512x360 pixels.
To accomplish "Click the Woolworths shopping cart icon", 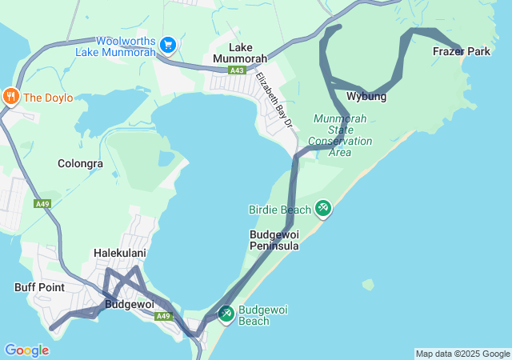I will click(x=168, y=44).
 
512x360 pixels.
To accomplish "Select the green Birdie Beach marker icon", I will click(x=323, y=209).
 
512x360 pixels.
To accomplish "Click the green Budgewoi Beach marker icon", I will click(x=226, y=314).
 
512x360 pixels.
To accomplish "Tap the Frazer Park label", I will click(x=462, y=52).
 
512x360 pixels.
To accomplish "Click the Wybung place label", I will click(x=366, y=97).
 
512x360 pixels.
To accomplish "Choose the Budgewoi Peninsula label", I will click(x=274, y=240).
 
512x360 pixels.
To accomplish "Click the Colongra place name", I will click(x=80, y=164).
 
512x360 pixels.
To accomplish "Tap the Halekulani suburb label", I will click(x=119, y=254).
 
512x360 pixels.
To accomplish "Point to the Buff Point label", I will click(x=38, y=286).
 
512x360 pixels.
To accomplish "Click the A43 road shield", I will click(x=236, y=70).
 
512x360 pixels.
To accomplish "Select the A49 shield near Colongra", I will click(x=42, y=205).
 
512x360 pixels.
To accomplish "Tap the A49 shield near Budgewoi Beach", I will click(x=164, y=316).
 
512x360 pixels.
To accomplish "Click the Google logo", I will click(x=26, y=350).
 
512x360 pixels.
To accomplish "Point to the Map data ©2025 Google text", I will click(x=462, y=354).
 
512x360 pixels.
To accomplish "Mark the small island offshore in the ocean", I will click(x=368, y=284).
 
